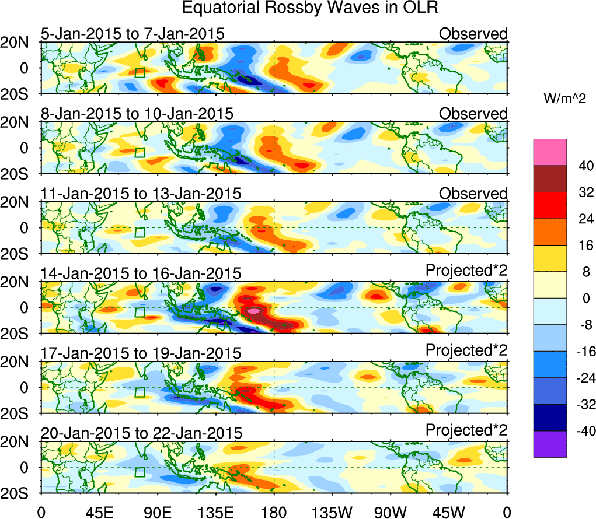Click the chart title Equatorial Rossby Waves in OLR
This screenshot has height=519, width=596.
click(x=309, y=9)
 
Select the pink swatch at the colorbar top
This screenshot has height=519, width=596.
click(x=549, y=152)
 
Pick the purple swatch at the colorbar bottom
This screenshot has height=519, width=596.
click(x=549, y=444)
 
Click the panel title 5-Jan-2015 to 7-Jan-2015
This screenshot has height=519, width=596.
click(x=133, y=34)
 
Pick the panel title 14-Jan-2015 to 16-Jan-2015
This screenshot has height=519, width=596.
click(x=141, y=273)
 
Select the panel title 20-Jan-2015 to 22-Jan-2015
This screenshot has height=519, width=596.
click(x=141, y=433)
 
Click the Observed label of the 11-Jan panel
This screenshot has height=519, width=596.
click(x=473, y=193)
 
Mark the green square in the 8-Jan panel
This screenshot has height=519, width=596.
click(x=140, y=152)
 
